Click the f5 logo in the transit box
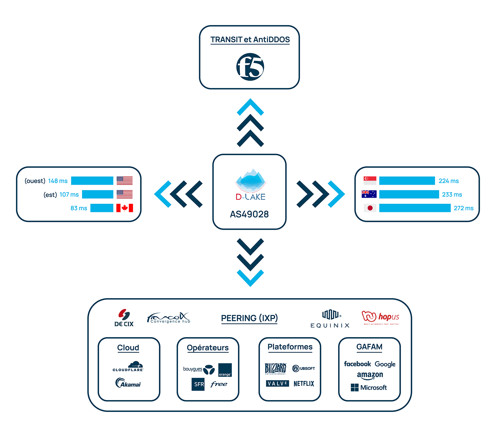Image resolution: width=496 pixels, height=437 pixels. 250,67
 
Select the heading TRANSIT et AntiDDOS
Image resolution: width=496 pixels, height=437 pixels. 250,40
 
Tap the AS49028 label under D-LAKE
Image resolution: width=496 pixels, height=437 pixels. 249,214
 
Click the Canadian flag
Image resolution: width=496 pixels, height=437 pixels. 124,208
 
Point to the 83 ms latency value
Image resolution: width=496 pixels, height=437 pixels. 79,208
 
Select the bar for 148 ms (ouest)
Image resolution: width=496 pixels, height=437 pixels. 92,181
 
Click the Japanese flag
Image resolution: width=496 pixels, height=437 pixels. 370,208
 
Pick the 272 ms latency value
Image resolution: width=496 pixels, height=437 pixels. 463,208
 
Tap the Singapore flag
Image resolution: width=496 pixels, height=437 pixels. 370,181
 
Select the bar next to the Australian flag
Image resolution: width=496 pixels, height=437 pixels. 409,194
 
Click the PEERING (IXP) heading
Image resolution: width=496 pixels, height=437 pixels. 249,318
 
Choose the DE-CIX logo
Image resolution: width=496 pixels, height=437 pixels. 124,318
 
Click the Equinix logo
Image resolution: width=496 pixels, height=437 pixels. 330,319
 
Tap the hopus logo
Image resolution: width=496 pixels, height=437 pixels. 380,317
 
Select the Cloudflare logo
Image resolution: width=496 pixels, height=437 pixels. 128,366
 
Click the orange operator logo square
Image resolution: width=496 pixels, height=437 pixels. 225,370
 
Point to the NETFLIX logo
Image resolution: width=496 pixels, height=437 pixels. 303,383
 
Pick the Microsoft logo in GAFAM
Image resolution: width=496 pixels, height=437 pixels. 369,388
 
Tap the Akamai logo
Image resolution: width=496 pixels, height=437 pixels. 128,383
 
